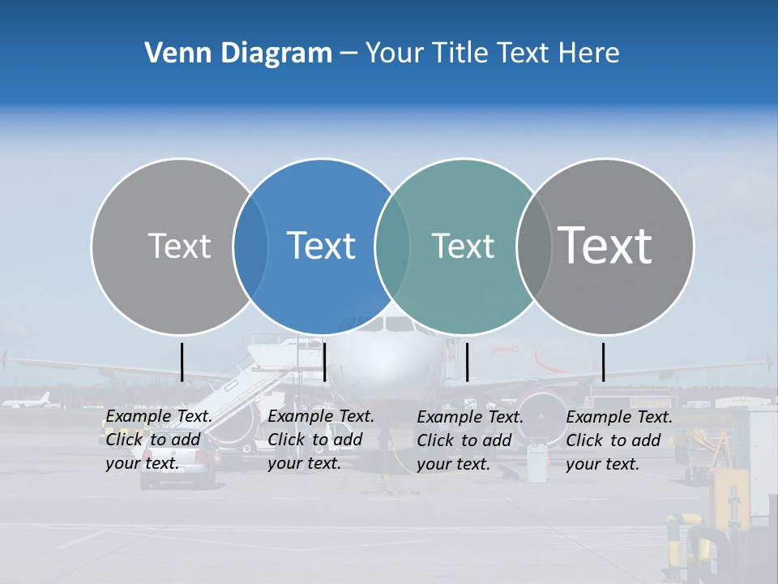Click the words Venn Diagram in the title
pos(238,54)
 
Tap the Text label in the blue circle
pos(321,246)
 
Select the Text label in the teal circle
pos(463,246)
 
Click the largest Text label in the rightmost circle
pos(605,245)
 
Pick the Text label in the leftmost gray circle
pos(179,246)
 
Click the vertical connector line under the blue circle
pos(324,362)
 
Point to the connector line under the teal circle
pos(468,362)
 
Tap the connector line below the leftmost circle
pos(182,362)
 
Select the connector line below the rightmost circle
pos(603,362)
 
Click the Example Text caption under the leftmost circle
pos(158,440)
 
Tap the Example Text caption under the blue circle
pos(320,440)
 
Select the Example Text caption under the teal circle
pos(469,440)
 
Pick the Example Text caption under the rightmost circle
pos(618,440)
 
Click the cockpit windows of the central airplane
pos(398,324)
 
